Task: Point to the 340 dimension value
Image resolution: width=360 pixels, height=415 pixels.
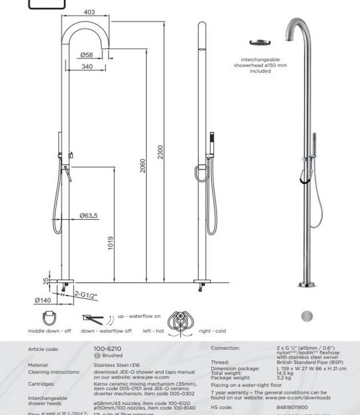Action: [x=86, y=66]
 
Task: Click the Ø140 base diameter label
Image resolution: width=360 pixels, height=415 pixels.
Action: [x=43, y=300]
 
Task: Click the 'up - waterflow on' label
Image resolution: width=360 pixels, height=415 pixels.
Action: [x=138, y=316]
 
